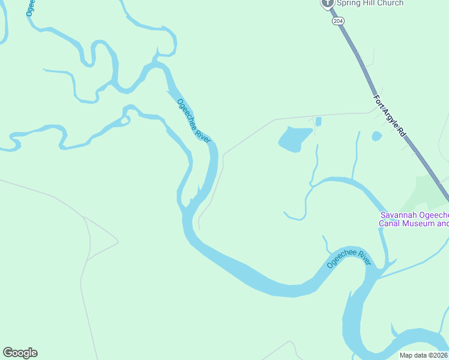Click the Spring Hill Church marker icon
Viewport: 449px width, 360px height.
pyautogui.click(x=327, y=4)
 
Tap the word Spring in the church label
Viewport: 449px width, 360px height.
pyautogui.click(x=348, y=3)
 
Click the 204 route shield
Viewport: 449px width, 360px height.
pyautogui.click(x=338, y=20)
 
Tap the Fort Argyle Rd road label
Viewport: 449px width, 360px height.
pyautogui.click(x=391, y=116)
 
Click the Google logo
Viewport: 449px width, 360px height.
pyautogui.click(x=20, y=353)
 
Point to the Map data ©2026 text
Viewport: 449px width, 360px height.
pyautogui.click(x=424, y=355)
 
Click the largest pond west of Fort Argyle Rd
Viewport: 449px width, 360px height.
pyautogui.click(x=294, y=139)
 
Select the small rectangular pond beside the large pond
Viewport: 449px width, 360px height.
pyautogui.click(x=318, y=121)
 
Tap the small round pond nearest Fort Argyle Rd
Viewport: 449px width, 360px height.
pyautogui.click(x=376, y=136)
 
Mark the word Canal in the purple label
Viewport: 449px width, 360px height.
pyautogui.click(x=390, y=224)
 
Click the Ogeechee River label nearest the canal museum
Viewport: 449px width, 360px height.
pyautogui.click(x=349, y=259)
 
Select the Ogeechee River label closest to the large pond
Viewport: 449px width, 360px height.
pyautogui.click(x=194, y=120)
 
